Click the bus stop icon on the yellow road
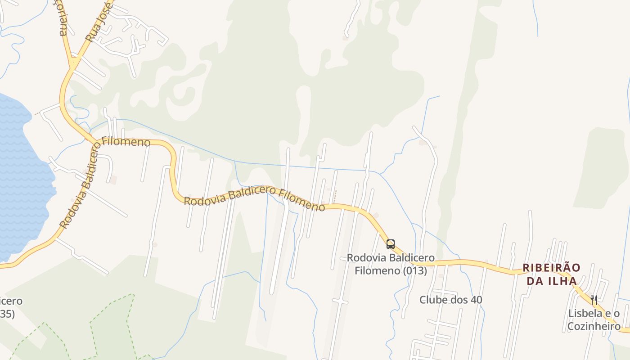(x=391, y=244)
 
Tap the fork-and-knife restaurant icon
(x=594, y=300)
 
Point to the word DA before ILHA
(x=534, y=281)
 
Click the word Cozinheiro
(x=594, y=326)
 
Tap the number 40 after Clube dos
(x=476, y=300)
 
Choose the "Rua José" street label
(x=99, y=22)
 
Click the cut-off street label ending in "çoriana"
(x=63, y=20)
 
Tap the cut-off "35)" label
(x=6, y=314)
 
